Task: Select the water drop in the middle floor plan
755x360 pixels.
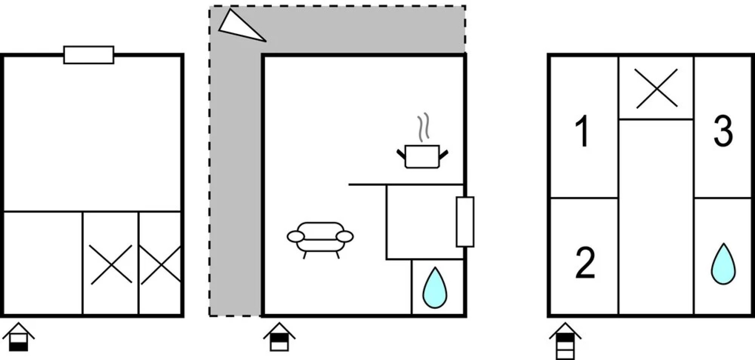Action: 435,288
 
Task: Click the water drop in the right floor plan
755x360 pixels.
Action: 723,265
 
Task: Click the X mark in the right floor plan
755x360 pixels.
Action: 657,88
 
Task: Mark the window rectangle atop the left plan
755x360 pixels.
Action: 89,55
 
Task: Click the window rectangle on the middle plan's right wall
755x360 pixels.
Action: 465,222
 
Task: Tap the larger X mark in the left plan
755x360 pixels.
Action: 111,265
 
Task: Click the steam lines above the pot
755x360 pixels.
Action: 423,127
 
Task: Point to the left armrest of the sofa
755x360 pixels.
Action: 295,237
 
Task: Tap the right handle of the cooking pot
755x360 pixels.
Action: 444,155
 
